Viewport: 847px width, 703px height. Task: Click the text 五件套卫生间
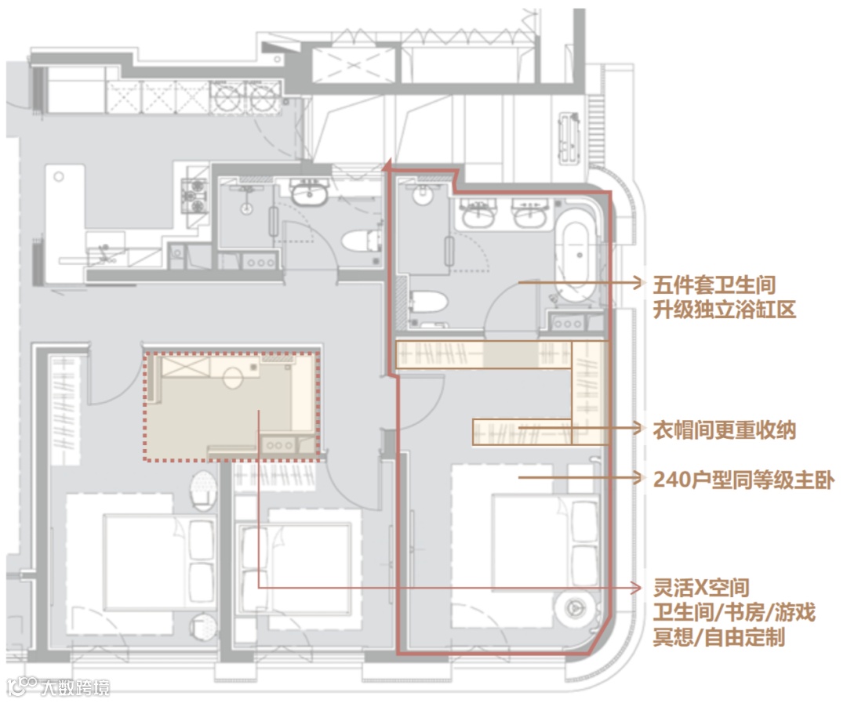coord(714,284)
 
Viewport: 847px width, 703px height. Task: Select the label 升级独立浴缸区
coord(724,310)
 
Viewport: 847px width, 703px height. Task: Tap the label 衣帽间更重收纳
coord(724,430)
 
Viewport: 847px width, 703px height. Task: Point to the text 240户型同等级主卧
coord(743,480)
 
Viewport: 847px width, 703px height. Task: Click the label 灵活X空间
coord(701,588)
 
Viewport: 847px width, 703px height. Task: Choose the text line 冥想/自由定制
coord(718,637)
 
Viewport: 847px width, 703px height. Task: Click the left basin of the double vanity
coord(477,213)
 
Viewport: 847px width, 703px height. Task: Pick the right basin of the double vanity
coord(529,213)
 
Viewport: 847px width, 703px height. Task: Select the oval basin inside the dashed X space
coord(233,378)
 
